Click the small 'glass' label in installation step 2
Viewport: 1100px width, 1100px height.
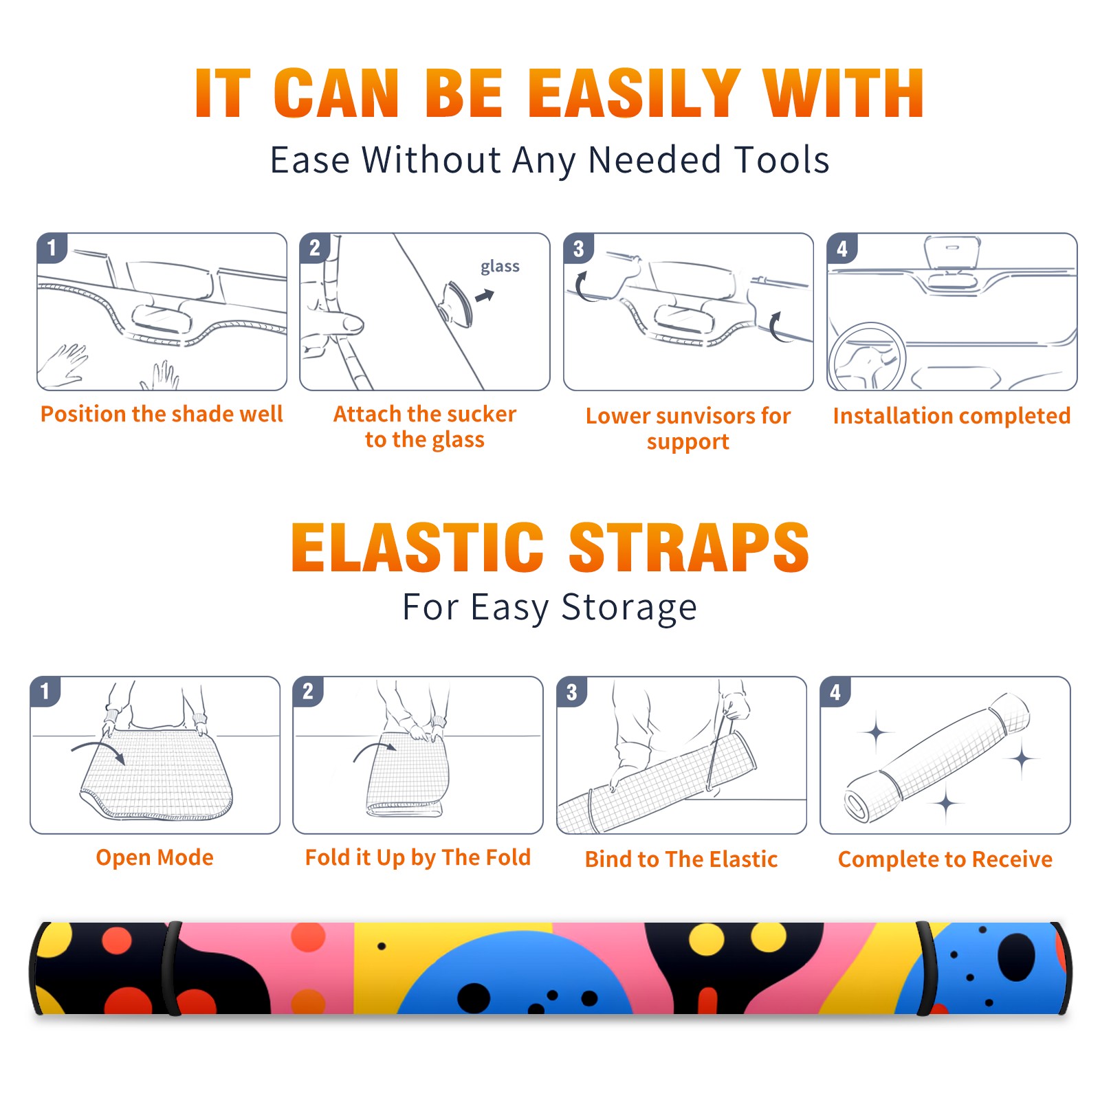click(500, 267)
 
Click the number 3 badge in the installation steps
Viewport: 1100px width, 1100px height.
click(578, 248)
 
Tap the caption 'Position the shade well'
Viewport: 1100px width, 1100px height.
click(162, 414)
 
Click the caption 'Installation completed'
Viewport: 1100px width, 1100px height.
click(951, 416)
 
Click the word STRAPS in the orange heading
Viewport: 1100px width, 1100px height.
click(689, 547)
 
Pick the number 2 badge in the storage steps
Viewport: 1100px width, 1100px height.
click(308, 691)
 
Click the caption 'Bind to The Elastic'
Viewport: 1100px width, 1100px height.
click(681, 859)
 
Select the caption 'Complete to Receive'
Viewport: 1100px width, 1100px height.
click(945, 859)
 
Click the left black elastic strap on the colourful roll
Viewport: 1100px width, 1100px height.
click(172, 969)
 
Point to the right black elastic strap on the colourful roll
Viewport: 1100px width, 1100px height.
click(926, 969)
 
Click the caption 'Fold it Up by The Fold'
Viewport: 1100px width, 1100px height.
click(418, 858)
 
